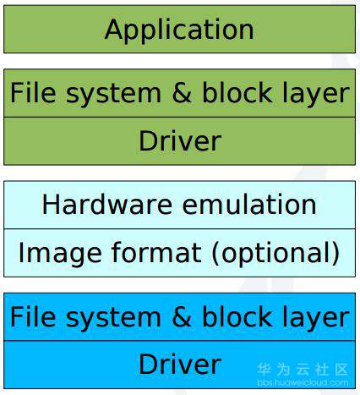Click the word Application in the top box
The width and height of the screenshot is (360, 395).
point(179,30)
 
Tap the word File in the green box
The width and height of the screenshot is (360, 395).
point(33,92)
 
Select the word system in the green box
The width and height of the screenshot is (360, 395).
point(113,95)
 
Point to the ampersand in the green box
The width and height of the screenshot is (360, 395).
point(182,92)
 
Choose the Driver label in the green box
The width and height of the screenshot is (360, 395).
point(180,140)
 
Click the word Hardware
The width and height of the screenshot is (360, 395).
point(107,204)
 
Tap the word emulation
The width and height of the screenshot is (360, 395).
point(249,204)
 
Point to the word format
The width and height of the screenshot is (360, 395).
point(156,252)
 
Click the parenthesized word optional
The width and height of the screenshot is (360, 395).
point(275,253)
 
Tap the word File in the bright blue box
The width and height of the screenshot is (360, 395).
point(33,316)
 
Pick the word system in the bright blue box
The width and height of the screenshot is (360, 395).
point(113,319)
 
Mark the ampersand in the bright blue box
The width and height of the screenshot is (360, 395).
point(182,316)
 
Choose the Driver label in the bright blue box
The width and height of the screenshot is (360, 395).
point(180,364)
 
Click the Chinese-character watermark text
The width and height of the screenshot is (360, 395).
point(303,370)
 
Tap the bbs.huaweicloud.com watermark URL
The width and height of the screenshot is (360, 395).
point(303,382)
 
